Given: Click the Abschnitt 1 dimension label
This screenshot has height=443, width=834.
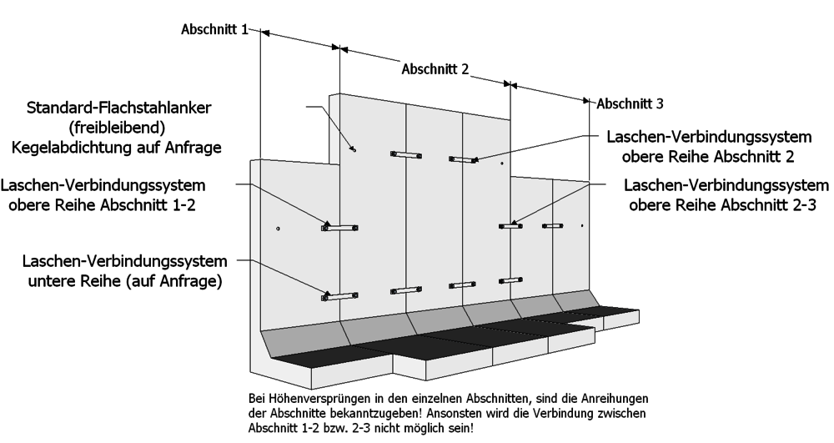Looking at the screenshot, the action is pyautogui.click(x=214, y=29).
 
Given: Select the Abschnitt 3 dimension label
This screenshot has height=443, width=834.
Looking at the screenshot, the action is pyautogui.click(x=630, y=103).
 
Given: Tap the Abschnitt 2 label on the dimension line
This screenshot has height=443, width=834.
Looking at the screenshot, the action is pyautogui.click(x=435, y=69).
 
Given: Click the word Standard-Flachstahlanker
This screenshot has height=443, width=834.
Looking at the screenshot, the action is pyautogui.click(x=119, y=108).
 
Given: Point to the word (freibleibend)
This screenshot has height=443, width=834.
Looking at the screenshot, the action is pyautogui.click(x=117, y=128).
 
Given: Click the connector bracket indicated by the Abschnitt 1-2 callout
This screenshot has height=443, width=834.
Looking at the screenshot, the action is pyautogui.click(x=339, y=228).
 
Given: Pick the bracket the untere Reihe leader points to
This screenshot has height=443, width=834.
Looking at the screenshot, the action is pyautogui.click(x=339, y=296).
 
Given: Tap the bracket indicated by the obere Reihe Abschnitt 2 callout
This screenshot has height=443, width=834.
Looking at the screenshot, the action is pyautogui.click(x=462, y=159).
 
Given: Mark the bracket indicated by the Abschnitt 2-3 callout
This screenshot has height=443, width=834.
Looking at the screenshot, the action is pyautogui.click(x=510, y=227).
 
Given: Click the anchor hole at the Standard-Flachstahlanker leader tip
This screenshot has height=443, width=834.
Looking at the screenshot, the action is pyautogui.click(x=353, y=149).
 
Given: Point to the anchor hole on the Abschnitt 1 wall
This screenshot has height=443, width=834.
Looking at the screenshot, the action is pyautogui.click(x=279, y=229).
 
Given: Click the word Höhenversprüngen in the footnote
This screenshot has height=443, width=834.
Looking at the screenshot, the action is pyautogui.click(x=304, y=399).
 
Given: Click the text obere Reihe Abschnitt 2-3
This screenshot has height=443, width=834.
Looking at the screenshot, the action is pyautogui.click(x=722, y=205).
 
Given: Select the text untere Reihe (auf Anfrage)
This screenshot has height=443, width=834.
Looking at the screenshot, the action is pyautogui.click(x=125, y=281).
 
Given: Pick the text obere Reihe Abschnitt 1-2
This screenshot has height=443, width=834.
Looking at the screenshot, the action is pyautogui.click(x=102, y=205).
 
